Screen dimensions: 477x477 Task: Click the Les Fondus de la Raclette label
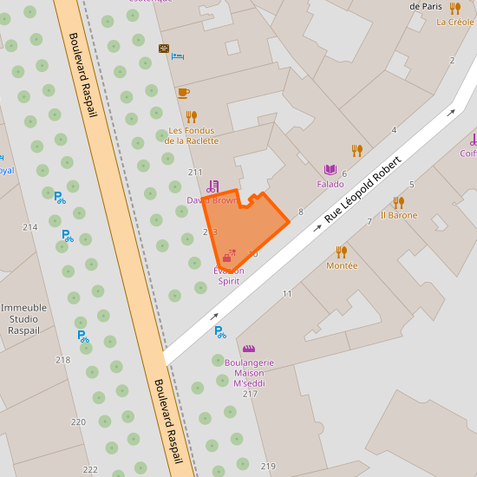192,135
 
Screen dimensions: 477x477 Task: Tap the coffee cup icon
183,92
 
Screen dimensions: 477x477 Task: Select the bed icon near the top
178,56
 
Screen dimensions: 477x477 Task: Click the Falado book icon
330,170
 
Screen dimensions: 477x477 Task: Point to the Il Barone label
399,215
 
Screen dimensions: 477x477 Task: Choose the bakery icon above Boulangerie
249,349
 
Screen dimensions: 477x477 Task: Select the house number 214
30,227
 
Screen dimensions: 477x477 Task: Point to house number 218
62,360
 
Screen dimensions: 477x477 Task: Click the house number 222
90,469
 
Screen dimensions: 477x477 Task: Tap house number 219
268,467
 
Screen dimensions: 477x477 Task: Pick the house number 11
287,294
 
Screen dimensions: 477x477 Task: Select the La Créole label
455,23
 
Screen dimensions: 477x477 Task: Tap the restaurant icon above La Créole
455,8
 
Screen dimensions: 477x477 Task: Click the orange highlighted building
245,225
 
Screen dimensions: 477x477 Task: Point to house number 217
251,394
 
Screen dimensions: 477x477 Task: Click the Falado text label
330,184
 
